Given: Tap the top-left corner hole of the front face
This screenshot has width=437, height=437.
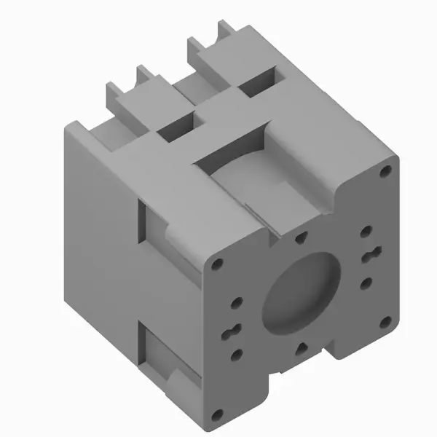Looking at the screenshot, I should coord(218,264).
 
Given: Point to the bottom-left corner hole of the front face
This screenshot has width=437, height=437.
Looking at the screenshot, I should coord(216,415).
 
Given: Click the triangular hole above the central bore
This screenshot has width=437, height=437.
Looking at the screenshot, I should coord(301,237).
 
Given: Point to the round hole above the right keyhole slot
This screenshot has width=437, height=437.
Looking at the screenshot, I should coord(366,233).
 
